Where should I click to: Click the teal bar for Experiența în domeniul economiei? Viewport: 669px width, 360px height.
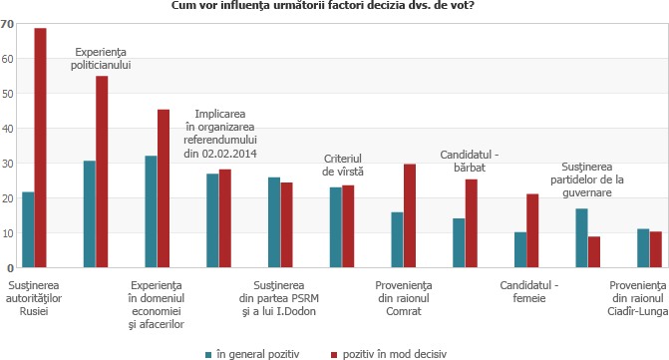(x=151, y=211)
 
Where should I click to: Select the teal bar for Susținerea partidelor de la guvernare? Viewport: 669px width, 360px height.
(x=581, y=237)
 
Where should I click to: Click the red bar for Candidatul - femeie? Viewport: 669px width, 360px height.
(x=532, y=230)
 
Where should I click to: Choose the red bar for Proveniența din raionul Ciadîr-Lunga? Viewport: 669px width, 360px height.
(x=656, y=249)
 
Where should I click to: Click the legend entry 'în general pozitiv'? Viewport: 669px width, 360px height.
(x=255, y=353)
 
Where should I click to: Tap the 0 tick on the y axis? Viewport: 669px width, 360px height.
(x=10, y=268)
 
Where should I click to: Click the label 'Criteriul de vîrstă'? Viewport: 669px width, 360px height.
(x=342, y=166)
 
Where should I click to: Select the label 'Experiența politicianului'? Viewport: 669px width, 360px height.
(x=102, y=58)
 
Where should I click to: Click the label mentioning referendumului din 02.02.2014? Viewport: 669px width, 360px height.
(x=220, y=134)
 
